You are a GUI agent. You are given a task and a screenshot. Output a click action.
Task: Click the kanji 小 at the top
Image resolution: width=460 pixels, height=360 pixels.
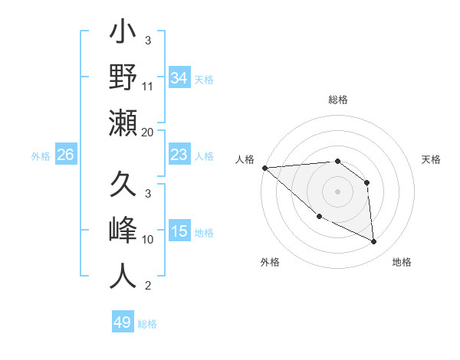click(x=123, y=34)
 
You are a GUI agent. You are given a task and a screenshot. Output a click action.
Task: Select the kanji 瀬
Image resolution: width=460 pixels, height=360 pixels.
click(x=123, y=123)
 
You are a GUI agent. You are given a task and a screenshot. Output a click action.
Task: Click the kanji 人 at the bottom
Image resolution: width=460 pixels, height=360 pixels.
click(x=123, y=275)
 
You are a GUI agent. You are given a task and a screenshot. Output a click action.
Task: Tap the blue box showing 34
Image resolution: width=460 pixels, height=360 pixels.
click(x=179, y=77)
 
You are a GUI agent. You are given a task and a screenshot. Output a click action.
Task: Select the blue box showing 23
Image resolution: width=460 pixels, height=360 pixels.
click(x=179, y=155)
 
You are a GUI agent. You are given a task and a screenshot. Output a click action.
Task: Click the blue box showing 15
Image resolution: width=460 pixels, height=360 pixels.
click(x=179, y=232)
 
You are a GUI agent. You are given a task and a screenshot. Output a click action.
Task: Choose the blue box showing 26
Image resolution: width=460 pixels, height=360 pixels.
click(x=65, y=155)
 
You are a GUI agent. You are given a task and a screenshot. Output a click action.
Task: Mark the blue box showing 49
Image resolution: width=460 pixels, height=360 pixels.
click(x=122, y=322)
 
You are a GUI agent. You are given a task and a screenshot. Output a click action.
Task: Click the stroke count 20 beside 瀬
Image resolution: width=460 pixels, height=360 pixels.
click(x=148, y=133)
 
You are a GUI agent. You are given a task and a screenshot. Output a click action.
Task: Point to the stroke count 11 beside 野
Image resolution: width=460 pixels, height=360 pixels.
click(x=148, y=87)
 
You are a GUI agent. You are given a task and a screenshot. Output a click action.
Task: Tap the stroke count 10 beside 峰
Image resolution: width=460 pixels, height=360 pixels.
click(x=148, y=240)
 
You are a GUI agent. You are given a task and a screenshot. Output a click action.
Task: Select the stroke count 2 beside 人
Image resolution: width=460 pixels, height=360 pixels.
click(x=148, y=286)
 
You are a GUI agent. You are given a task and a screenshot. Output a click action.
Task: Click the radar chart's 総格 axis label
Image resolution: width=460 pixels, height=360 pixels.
click(x=337, y=100)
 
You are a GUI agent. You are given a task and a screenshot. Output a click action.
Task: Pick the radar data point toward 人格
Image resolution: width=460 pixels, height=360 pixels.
click(x=264, y=168)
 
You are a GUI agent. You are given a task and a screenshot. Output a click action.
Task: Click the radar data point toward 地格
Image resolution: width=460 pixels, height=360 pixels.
click(x=374, y=242)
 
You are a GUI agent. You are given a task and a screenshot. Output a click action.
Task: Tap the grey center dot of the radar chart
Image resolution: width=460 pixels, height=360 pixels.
click(x=337, y=191)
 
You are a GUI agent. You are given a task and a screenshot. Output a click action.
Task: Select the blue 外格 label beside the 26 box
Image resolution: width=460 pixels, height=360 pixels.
click(x=41, y=156)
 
